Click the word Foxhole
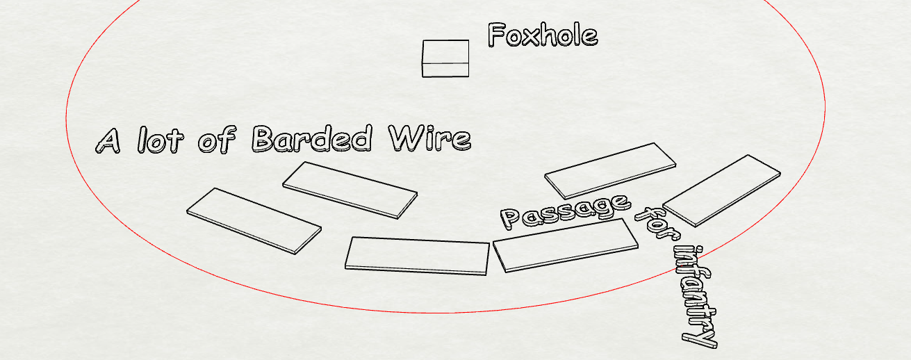pos(542,35)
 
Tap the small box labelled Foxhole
pos(445,58)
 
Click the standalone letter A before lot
pos(110,141)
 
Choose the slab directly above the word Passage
pos(609,170)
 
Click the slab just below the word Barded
pos(350,189)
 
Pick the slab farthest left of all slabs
pos(254,220)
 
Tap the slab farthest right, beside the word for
pos(722,190)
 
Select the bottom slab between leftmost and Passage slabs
pos(418,255)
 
